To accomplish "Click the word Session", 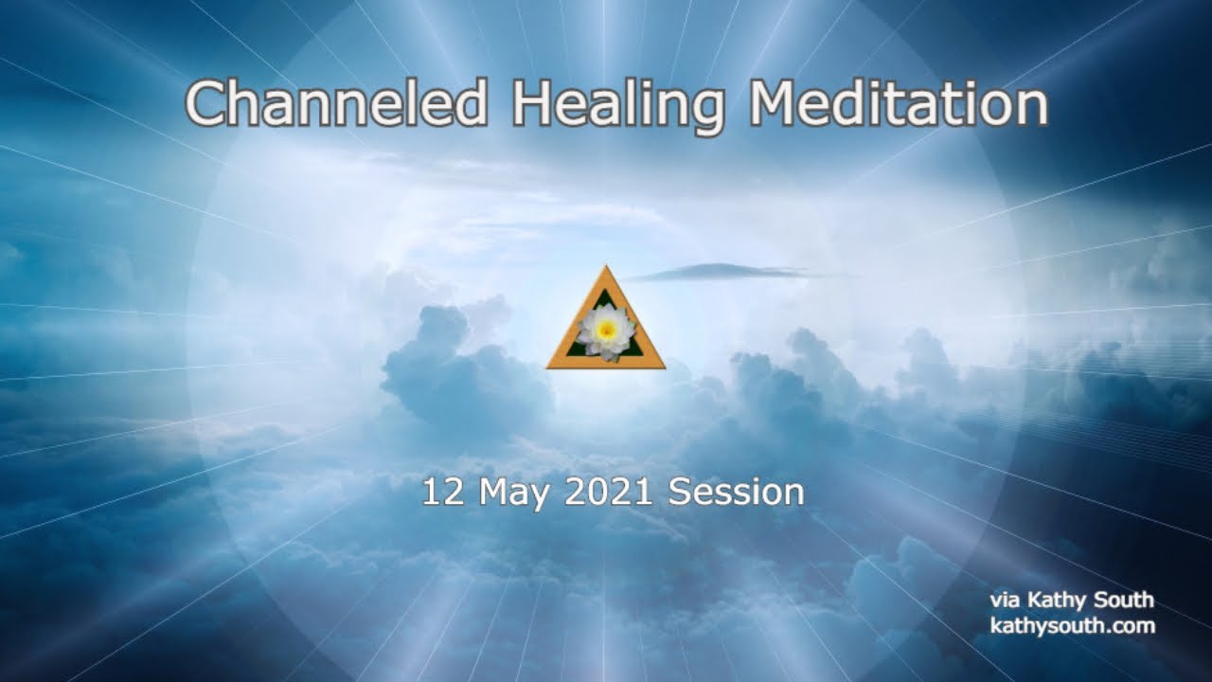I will (x=736, y=493).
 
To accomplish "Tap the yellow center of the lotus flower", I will (x=606, y=329).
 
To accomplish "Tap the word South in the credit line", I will (x=1125, y=600).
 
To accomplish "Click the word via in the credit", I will (x=1006, y=601).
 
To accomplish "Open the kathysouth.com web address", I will (x=1072, y=625).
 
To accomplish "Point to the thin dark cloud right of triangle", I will (x=720, y=273).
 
